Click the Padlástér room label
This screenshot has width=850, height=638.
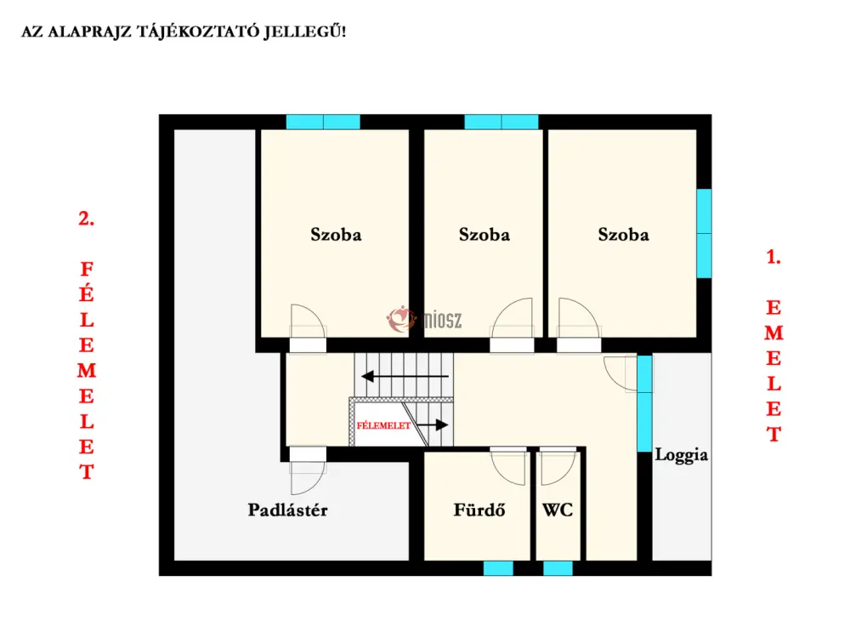pos(287,510)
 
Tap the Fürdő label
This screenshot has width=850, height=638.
pos(479,510)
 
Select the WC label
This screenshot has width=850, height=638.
pos(558,510)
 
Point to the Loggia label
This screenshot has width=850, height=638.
pos(681,455)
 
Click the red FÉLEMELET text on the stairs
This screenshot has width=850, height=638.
pos(383,426)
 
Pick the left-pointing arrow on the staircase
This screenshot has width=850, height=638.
pos(405,376)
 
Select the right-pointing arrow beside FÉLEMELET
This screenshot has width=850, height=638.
pos(433,424)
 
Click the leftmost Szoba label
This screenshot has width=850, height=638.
pos(336,235)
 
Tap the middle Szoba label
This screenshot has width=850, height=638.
pos(484,235)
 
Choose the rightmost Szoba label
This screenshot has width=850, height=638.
pos(623,235)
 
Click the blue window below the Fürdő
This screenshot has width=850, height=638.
pos(498,568)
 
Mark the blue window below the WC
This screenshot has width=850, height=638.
pos(558,568)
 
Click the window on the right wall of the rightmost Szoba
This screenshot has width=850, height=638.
pos(704,233)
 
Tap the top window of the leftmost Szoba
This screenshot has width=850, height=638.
pos(323,122)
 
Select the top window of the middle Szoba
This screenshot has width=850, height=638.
pos(501,122)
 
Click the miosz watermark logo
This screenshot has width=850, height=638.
pos(424,319)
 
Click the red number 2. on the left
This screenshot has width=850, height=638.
pos(86,218)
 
